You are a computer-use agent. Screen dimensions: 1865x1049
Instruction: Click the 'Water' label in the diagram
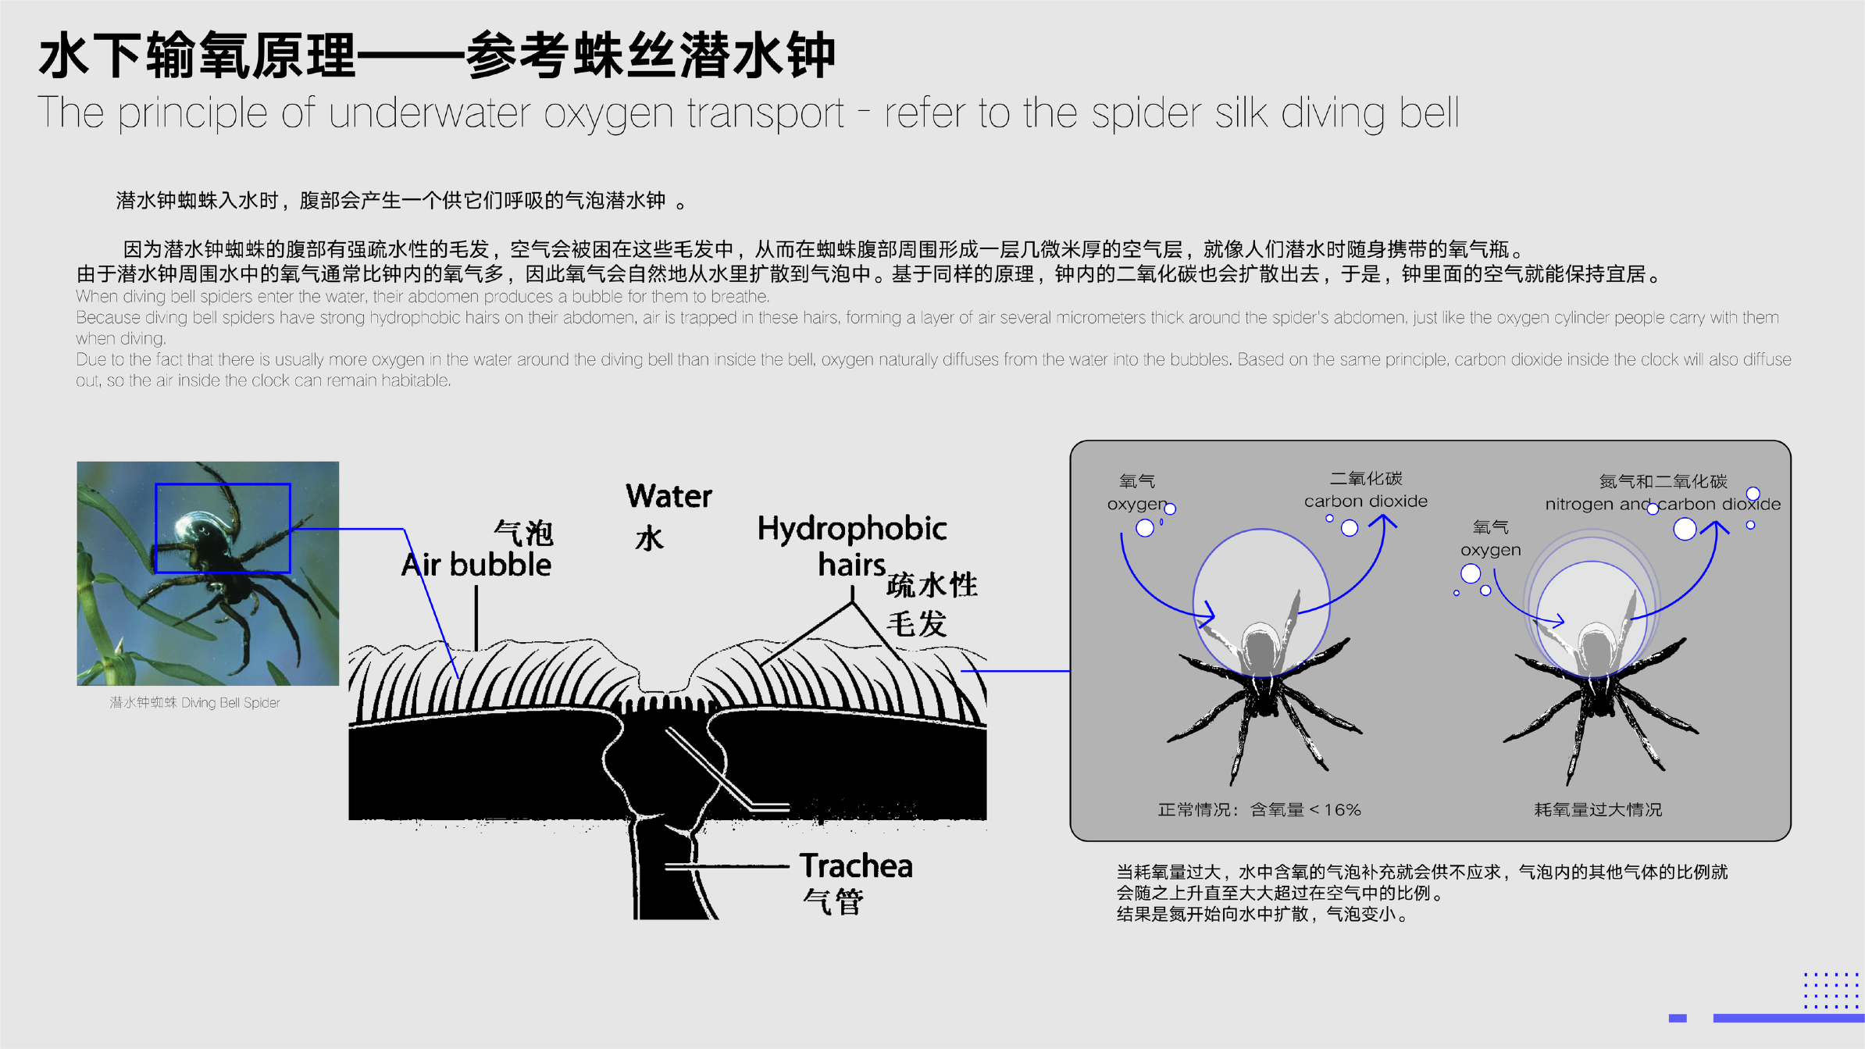coord(669,496)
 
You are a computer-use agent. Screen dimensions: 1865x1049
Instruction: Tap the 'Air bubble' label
coord(476,565)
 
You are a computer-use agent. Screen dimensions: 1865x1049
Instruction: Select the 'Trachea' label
coord(856,865)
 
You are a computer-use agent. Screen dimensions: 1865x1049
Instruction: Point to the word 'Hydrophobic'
coord(852,529)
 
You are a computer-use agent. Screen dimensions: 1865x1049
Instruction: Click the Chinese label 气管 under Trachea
coord(833,902)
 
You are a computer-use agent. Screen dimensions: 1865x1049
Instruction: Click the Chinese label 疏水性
coord(932,585)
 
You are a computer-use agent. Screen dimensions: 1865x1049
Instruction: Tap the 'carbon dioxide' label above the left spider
coord(1365,501)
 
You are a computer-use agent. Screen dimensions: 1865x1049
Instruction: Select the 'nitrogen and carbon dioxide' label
coord(1663,504)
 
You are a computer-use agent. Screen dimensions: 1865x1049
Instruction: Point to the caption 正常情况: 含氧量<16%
coord(1259,810)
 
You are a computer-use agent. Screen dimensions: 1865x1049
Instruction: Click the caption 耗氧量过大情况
coord(1598,810)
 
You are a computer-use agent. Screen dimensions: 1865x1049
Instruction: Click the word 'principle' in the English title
coord(193,113)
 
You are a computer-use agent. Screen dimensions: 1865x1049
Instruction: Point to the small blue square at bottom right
coord(1677,1018)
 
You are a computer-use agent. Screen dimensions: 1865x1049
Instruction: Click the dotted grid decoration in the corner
coord(1831,990)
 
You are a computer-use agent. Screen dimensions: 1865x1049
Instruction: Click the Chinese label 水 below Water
coord(649,538)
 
